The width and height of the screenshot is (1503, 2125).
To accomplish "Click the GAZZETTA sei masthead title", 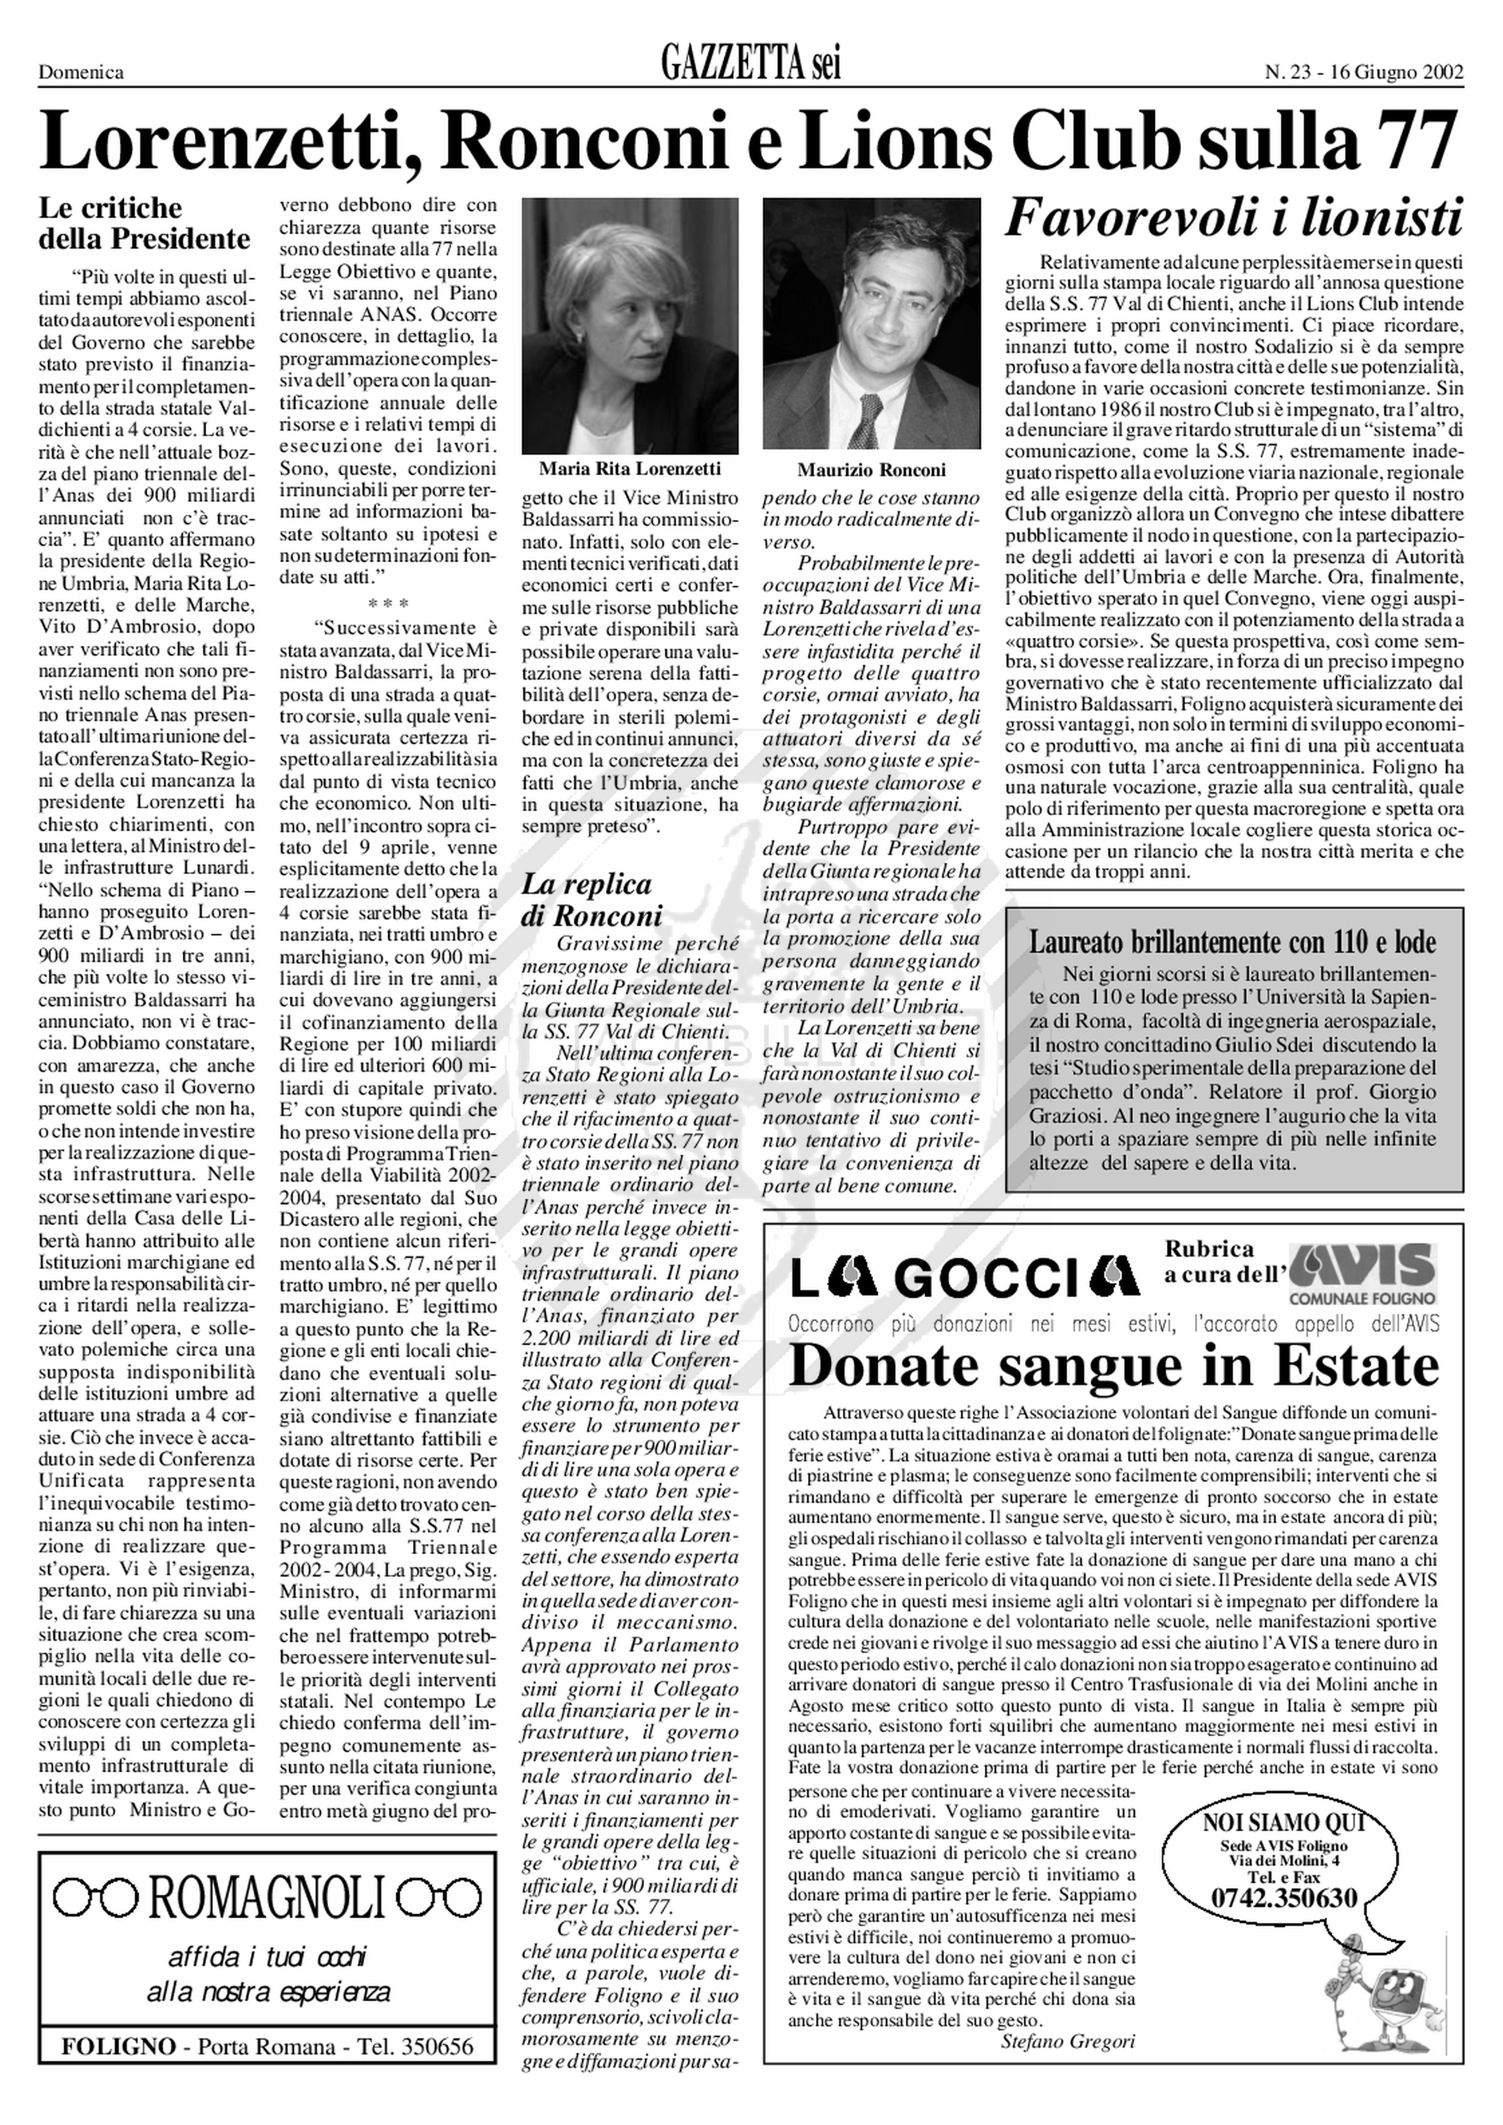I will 750,66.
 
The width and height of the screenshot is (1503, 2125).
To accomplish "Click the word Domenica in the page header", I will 81,72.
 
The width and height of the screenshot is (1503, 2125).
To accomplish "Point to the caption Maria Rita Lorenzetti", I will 630,469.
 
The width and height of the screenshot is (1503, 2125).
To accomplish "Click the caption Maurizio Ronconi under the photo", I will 871,470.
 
